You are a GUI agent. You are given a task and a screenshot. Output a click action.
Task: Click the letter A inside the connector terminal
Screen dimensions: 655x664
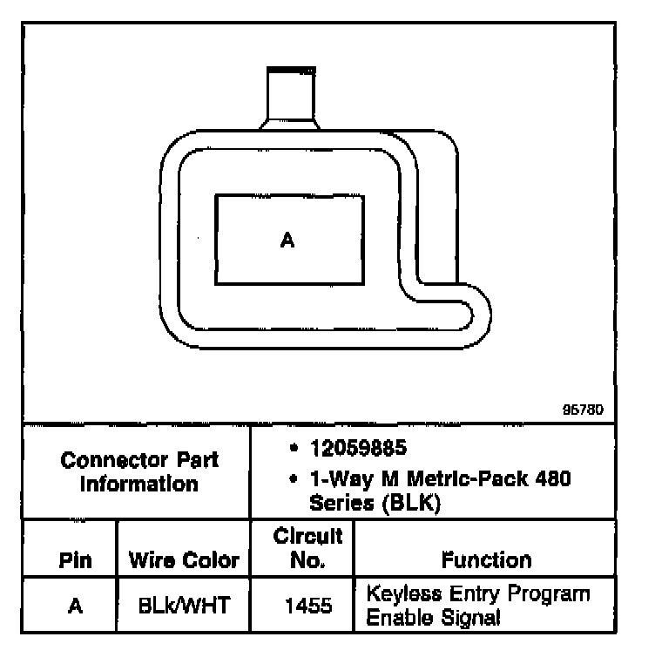pos(287,240)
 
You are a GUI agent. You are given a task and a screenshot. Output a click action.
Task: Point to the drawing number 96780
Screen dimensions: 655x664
pos(583,410)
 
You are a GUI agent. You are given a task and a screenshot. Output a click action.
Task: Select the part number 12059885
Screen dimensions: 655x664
pos(358,448)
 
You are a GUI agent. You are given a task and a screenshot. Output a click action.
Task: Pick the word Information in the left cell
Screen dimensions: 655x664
pos(139,484)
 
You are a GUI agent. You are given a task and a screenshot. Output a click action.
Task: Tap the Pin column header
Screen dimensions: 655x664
pos(76,560)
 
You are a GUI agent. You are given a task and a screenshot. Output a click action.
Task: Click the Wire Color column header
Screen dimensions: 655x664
pos(184,560)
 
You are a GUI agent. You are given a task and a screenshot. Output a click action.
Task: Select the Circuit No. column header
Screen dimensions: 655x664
pos(307,548)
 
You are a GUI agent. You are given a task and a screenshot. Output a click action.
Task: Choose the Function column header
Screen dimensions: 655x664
pos(487,560)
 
